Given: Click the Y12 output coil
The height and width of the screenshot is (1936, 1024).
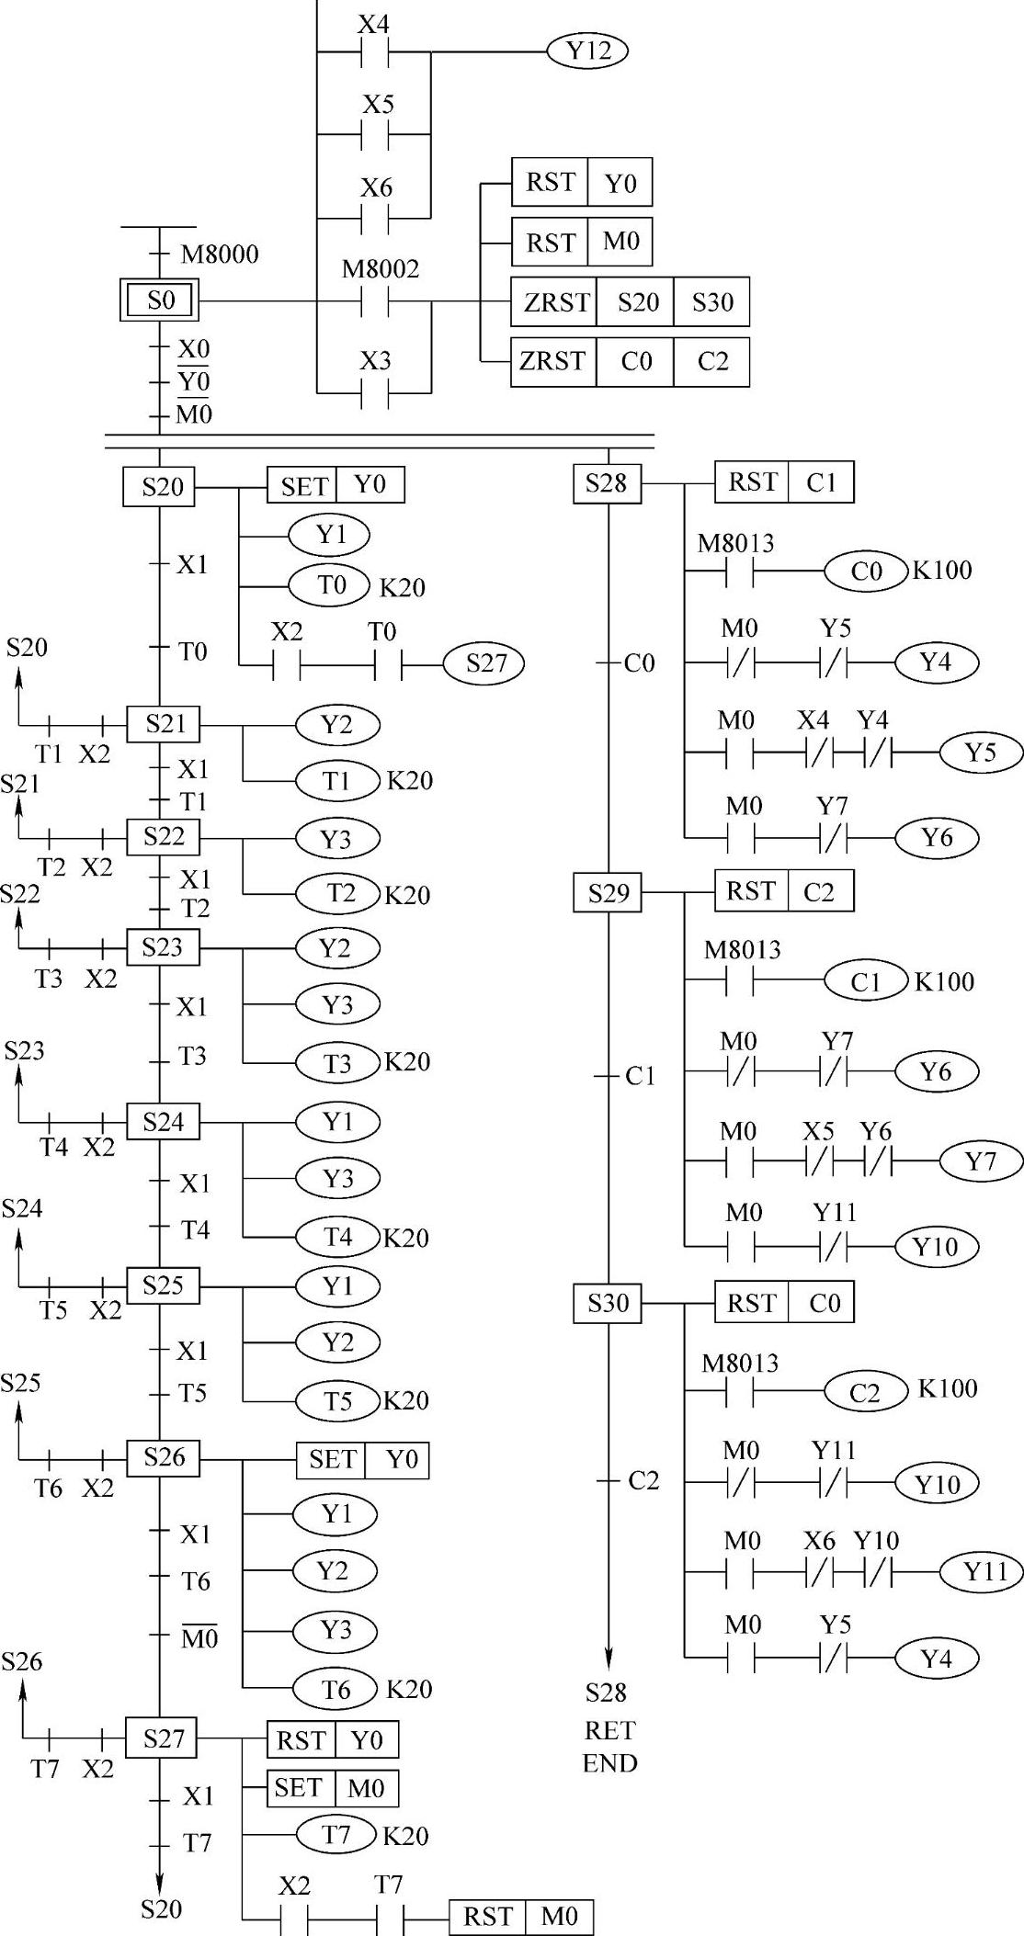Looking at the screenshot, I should (587, 51).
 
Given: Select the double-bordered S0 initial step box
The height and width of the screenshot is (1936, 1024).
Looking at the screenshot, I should (161, 300).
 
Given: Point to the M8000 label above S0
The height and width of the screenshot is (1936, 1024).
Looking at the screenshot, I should (220, 254).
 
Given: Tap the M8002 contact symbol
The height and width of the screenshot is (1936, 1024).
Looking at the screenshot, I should (375, 300).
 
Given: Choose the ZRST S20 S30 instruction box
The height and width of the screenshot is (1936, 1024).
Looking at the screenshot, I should (630, 301).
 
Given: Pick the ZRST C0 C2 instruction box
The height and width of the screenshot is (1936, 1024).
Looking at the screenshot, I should (630, 362).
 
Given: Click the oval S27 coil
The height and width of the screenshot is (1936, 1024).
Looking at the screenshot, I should (484, 662).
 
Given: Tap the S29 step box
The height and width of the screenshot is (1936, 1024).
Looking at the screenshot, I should (608, 892).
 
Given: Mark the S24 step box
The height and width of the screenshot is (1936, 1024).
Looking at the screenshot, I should (163, 1122).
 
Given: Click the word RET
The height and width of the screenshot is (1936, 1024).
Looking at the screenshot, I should (609, 1731).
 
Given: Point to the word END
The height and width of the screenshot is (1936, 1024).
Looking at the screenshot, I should (609, 1762).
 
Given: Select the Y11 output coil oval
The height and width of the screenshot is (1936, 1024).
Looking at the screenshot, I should (981, 1571).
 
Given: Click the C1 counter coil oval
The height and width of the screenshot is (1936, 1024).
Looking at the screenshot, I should (865, 981).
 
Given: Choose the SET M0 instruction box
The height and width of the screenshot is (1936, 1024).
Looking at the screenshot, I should (333, 1788).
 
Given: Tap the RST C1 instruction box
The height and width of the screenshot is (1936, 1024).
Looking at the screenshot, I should (784, 482).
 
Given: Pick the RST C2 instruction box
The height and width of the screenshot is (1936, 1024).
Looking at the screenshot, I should (784, 891).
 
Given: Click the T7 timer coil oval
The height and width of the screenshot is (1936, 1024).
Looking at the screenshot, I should (336, 1835).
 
